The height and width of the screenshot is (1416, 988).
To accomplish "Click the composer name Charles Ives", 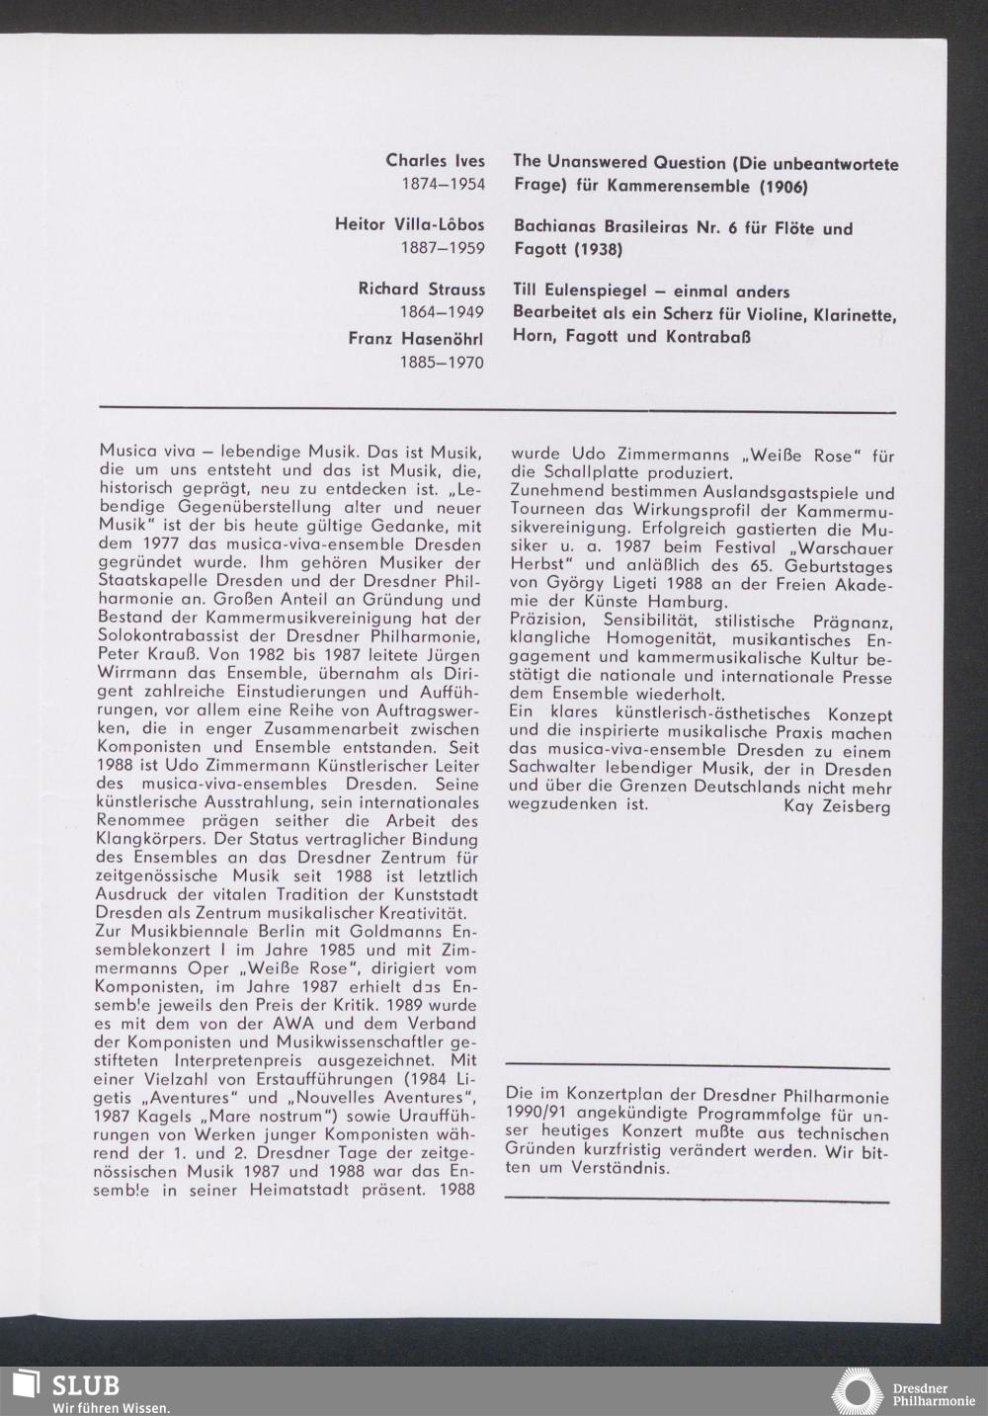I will click(435, 161).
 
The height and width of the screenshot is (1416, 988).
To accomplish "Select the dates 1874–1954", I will click(443, 185).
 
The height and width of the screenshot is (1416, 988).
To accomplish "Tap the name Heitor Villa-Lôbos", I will click(410, 225).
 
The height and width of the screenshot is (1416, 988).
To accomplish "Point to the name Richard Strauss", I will click(422, 290).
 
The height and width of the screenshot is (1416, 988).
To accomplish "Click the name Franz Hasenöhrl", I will click(416, 338).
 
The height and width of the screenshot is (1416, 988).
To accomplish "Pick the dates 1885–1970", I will click(443, 363).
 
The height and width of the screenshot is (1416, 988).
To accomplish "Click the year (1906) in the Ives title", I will click(782, 186).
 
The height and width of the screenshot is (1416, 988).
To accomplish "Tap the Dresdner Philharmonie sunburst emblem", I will click(858, 1391).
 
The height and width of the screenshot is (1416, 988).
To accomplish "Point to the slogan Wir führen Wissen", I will click(111, 1407).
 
